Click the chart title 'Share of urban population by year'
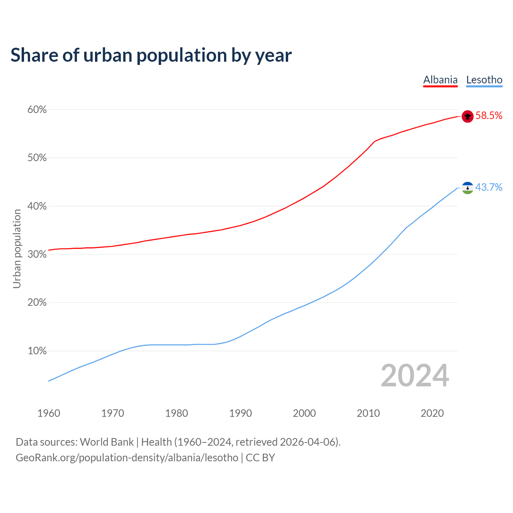click(151, 55)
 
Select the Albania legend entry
click(440, 80)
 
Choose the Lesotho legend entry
click(484, 80)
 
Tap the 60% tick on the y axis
click(37, 110)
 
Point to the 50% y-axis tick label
click(37, 158)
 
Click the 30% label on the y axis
click(37, 254)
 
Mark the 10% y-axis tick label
click(37, 351)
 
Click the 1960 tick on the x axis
click(49, 413)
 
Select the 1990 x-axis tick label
click(240, 413)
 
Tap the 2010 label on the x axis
click(368, 413)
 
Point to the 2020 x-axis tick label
click(432, 413)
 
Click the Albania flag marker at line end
click(468, 116)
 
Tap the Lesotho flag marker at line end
click(468, 188)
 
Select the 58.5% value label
click(489, 116)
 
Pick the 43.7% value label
click(489, 187)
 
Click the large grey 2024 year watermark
click(415, 376)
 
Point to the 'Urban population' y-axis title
click(17, 248)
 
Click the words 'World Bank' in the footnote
click(107, 442)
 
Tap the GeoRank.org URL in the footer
click(127, 458)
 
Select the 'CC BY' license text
click(260, 458)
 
